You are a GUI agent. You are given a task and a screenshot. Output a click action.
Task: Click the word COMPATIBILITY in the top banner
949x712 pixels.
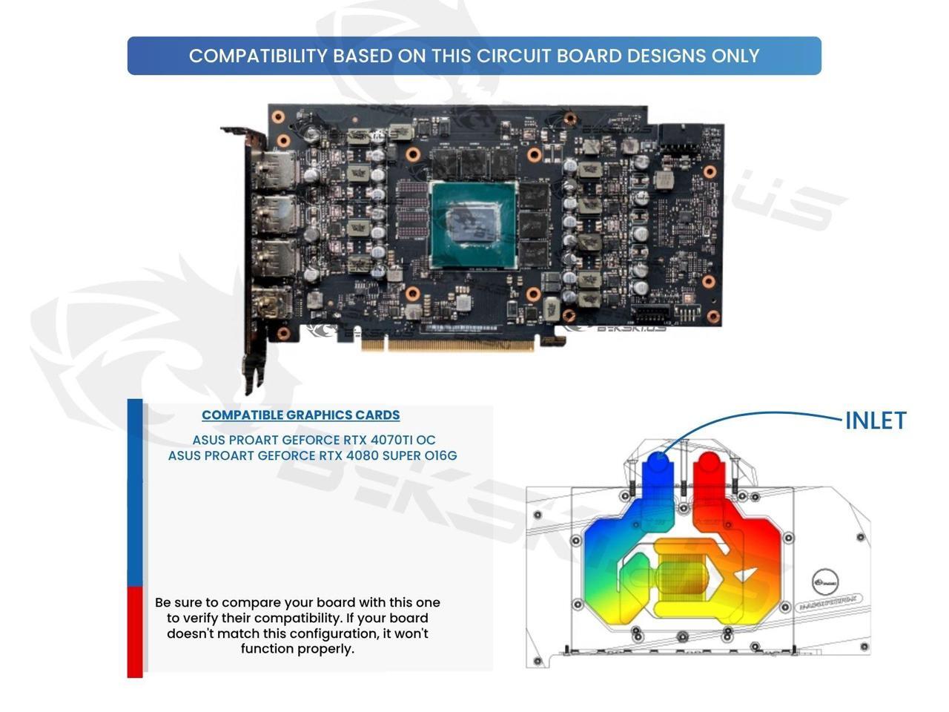258,56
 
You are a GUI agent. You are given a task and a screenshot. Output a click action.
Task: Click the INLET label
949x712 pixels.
876,421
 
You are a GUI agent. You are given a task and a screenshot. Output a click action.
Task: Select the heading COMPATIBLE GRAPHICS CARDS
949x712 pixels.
300,415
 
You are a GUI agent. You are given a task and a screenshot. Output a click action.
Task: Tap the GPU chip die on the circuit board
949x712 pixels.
474,223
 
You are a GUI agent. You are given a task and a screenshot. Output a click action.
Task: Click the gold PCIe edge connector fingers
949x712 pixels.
448,344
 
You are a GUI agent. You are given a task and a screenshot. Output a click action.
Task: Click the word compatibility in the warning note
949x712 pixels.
364,618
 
